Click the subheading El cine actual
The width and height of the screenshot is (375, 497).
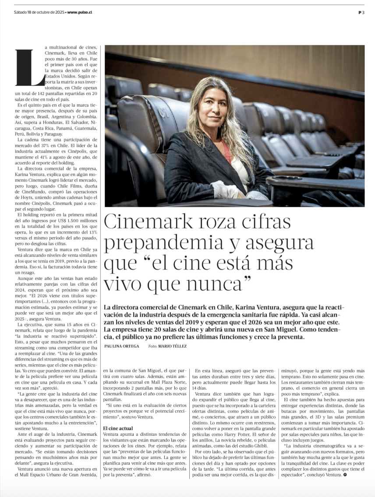click(x=118, y=428)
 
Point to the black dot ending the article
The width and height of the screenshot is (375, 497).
click(x=345, y=475)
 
